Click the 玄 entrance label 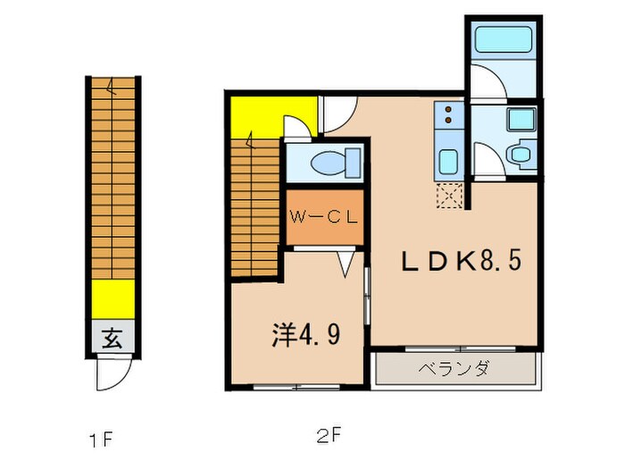111,339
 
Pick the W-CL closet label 323,216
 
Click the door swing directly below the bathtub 487,83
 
